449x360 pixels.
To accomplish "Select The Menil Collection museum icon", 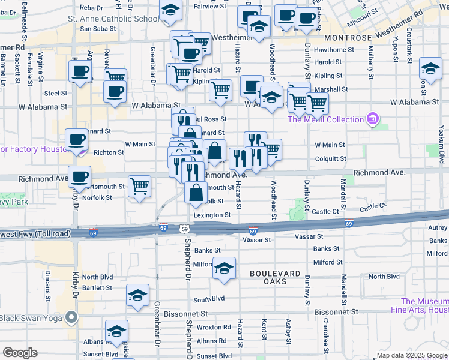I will click(373, 119).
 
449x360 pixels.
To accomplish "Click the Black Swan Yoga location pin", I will click(72, 317).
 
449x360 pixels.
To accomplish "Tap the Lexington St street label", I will click(211, 215).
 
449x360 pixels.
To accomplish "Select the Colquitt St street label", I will click(330, 159).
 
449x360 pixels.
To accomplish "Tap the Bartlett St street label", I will click(97, 288).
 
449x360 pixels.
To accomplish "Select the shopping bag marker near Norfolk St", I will click(196, 193).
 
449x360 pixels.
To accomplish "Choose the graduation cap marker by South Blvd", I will click(137, 295).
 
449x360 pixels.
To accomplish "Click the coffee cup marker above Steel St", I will click(79, 73).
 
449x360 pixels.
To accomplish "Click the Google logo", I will click(20, 353).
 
